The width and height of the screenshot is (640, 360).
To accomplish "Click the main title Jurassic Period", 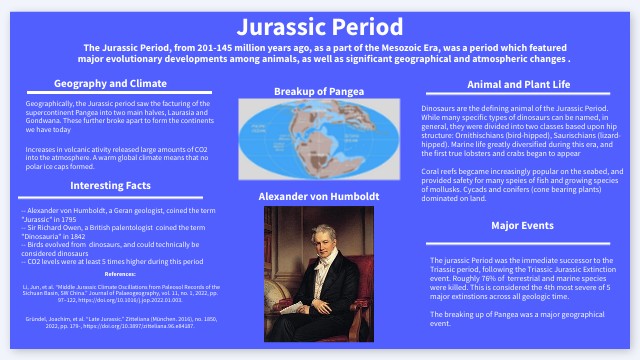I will click(x=319, y=24).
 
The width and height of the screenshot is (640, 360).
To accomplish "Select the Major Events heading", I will click(x=525, y=225).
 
